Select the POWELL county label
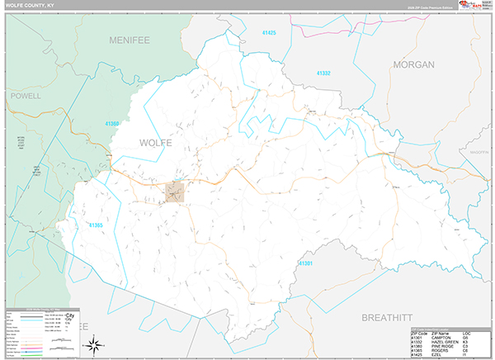[26, 96]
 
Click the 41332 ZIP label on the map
[323, 73]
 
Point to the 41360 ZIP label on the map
[112, 124]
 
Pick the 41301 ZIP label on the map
[305, 263]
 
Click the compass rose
[97, 342]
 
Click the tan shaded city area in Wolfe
[175, 192]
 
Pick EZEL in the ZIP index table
[436, 355]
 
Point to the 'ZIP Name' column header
[440, 332]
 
